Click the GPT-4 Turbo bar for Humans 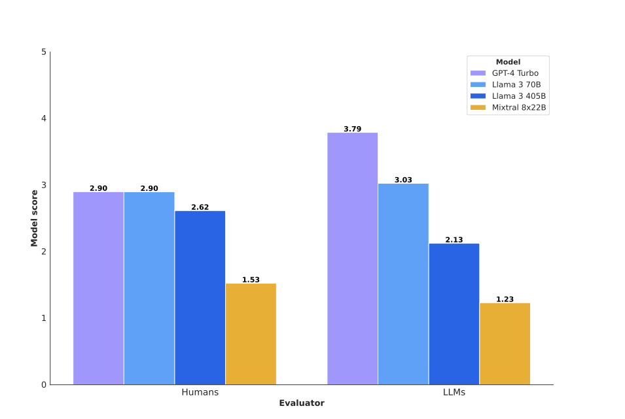[98, 288]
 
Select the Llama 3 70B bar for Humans [149, 288]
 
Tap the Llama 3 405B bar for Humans [200, 297]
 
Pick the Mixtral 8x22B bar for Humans [251, 333]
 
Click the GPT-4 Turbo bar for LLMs [352, 258]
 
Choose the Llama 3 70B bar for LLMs [403, 284]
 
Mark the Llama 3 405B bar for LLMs [454, 314]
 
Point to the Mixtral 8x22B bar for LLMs [505, 343]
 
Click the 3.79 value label [352, 129]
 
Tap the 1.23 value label [505, 299]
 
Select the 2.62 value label [200, 207]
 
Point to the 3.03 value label [403, 180]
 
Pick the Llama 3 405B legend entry [508, 96]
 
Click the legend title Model [508, 62]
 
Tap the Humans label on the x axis [200, 392]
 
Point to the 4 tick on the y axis [43, 118]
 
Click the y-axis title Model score [34, 218]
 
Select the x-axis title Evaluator [301, 403]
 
